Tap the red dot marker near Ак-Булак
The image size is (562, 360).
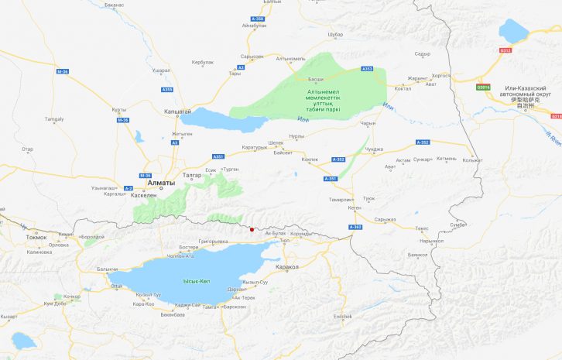click(252, 228)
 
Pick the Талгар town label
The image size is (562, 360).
click(193, 175)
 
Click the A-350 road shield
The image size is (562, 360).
click(258, 17)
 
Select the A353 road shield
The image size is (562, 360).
click(367, 69)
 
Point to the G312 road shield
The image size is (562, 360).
click(505, 50)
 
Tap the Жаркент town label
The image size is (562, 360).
click(418, 78)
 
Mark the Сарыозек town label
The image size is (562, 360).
click(252, 57)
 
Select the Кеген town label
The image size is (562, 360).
click(355, 207)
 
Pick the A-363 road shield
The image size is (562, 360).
click(355, 227)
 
